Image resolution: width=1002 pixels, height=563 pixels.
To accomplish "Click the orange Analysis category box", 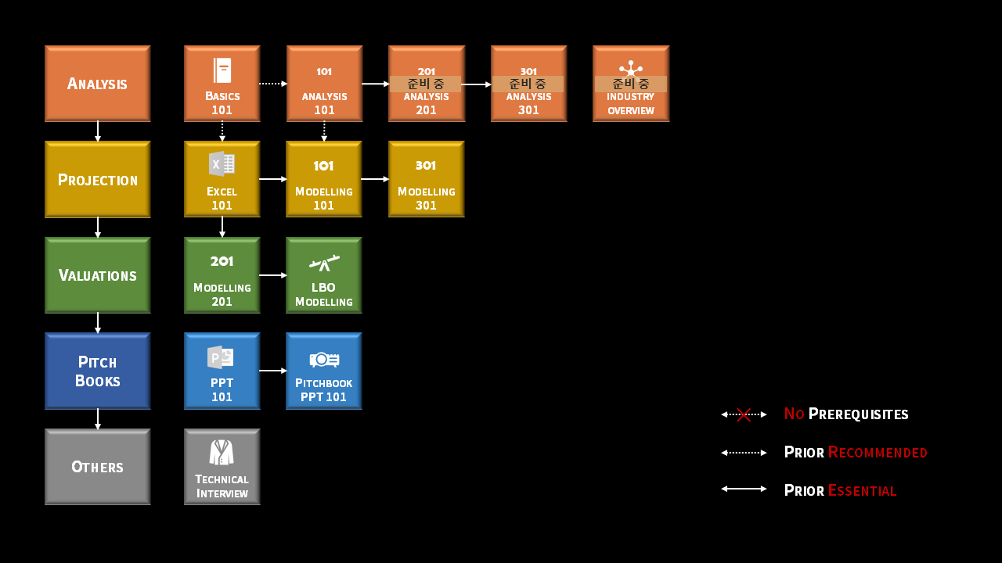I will coord(97,84).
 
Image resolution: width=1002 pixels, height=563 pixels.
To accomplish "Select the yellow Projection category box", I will coord(97,179).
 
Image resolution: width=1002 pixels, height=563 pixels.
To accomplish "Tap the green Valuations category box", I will coord(97,275).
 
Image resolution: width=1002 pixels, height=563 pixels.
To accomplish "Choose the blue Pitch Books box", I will coord(97,371).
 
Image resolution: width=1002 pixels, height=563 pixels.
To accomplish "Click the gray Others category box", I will coord(97,467).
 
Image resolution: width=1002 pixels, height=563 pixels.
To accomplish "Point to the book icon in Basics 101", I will coord(222,70).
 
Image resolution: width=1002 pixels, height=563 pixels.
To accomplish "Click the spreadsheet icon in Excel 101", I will coord(222,164).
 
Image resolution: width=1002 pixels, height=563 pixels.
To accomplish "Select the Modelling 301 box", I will coord(426,179).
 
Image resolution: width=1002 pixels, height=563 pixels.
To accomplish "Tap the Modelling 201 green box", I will coord(222,275).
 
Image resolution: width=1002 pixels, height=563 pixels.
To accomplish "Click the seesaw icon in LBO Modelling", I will coord(324,263).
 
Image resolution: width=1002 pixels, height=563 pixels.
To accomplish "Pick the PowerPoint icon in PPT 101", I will coord(221,357).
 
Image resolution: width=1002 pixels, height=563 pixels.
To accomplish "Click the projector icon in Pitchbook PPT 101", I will coord(324,359).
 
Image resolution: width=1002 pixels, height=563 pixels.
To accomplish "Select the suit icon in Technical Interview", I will coord(222,452).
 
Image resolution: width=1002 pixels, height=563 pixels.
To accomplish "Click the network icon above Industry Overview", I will coord(631,69).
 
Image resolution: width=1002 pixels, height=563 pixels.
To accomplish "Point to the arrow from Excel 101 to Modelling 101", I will coord(273,179).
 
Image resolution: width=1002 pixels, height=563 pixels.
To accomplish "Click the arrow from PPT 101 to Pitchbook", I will coord(273,371).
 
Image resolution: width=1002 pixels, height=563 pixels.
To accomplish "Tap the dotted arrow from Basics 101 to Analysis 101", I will coord(273,84).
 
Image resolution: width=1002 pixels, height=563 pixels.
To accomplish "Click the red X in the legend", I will coord(744,414).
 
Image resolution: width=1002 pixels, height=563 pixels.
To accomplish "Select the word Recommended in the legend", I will coord(878,453).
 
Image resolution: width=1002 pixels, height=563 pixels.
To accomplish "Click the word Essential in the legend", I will coord(862,491).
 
